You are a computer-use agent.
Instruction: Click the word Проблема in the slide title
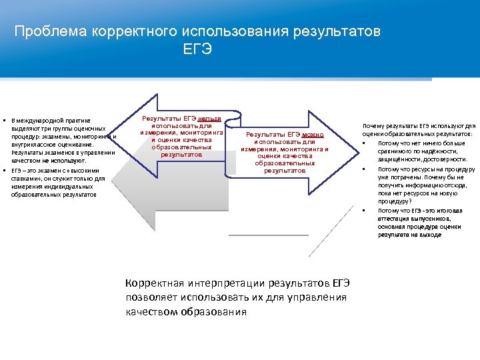pos(45,31)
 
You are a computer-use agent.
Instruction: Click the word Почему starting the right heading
pos(372,125)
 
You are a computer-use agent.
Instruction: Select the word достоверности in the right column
pos(444,160)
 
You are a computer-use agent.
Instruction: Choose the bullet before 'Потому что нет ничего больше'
pos(364,143)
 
